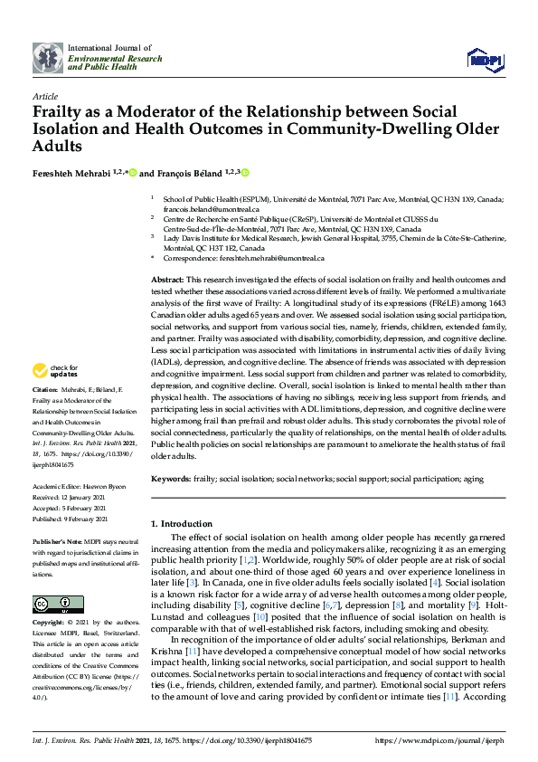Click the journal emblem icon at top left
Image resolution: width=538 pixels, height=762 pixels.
pos(48,58)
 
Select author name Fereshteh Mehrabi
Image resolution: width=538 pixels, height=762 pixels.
pos(73,172)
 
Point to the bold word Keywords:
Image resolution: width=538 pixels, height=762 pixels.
pos(170,477)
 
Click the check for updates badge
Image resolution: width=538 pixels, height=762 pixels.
pos(54,370)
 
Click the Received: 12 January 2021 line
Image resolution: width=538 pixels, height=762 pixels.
pos(70,496)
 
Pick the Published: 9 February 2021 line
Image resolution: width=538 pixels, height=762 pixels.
pos(70,519)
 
